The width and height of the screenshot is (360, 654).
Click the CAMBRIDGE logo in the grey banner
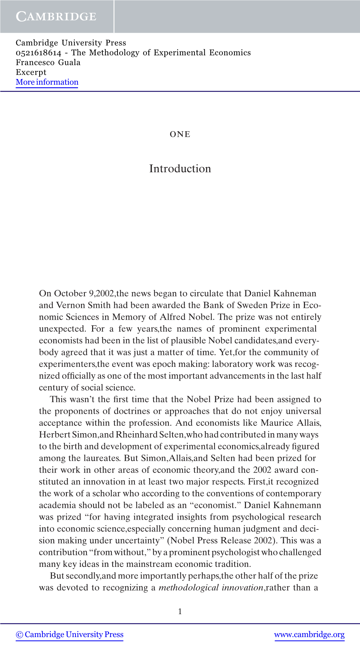(56, 17)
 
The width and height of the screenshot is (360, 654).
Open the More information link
(47, 82)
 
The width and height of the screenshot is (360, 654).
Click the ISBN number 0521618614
(38, 53)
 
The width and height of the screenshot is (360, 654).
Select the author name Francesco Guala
(48, 62)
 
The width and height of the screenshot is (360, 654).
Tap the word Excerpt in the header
(31, 72)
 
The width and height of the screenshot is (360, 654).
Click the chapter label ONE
(180, 134)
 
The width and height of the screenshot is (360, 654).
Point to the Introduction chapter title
(180, 169)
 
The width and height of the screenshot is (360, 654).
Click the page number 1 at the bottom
(180, 611)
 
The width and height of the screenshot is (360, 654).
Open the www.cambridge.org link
(309, 635)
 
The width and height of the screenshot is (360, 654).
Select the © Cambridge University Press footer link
(70, 635)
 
